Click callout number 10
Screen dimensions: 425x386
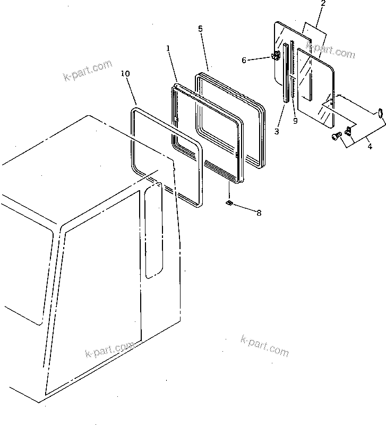tap(125, 73)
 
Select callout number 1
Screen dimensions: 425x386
tap(168, 48)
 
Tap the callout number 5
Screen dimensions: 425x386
tap(200, 29)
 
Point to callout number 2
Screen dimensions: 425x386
tap(322, 4)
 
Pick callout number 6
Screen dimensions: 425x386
tap(244, 60)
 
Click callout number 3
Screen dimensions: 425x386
tap(276, 131)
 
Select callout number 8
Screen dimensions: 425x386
tap(259, 213)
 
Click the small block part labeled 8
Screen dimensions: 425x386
tap(229, 203)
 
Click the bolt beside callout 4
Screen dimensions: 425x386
tap(336, 137)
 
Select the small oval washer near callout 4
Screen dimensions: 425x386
tap(380, 111)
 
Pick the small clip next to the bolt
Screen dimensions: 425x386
tap(348, 131)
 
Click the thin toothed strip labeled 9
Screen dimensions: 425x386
tap(292, 80)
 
